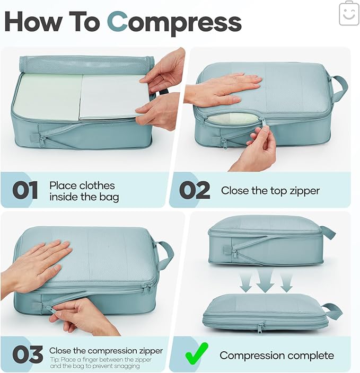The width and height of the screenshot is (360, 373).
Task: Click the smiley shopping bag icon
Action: [349, 13]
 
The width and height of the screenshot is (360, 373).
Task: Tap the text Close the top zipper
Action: [270, 191]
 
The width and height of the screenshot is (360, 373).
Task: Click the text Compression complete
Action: [277, 355]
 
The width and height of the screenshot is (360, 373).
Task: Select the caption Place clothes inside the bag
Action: [84, 191]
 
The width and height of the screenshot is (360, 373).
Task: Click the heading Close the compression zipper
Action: [106, 351]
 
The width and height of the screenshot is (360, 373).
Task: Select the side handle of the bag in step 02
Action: [338, 87]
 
